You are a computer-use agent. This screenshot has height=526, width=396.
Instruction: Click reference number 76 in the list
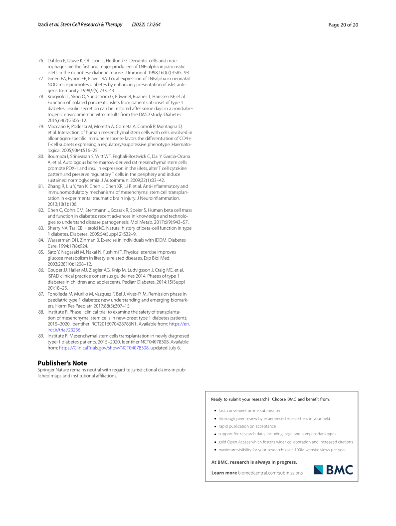point(41,60)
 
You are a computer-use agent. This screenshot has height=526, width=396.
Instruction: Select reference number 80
point(41,157)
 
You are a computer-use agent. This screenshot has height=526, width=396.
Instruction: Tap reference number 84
point(41,240)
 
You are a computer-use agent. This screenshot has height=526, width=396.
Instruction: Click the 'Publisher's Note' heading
point(62,349)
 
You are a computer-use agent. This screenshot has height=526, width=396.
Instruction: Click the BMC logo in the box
point(333,470)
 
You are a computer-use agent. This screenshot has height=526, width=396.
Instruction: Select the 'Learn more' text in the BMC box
point(224,473)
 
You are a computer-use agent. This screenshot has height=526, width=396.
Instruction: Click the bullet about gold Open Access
point(285,442)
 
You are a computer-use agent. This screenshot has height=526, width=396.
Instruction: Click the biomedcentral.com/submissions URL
point(270,473)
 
